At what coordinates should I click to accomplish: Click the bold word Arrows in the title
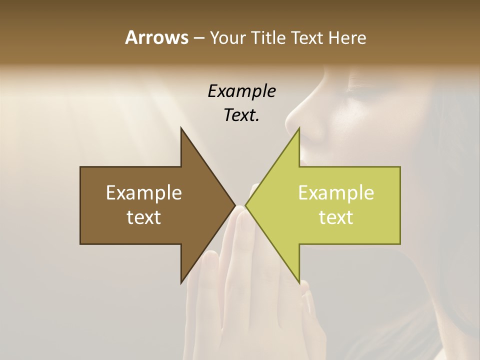click(156, 37)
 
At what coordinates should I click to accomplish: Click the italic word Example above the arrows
click(241, 91)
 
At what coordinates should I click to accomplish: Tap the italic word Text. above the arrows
click(241, 115)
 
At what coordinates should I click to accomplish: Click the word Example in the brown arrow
click(143, 192)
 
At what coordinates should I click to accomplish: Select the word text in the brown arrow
click(143, 217)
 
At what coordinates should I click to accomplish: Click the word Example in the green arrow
click(336, 192)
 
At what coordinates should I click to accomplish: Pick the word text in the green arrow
click(336, 217)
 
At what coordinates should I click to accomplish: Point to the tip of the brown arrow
click(234, 205)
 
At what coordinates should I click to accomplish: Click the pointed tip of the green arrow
click(246, 205)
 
